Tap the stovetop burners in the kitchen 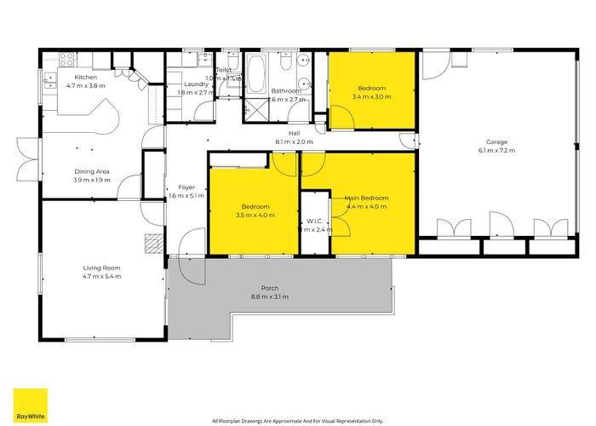tap(63, 59)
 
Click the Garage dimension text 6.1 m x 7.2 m tap(496, 151)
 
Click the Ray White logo tap(30, 405)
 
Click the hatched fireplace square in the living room tap(153, 244)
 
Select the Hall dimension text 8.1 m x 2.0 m tap(294, 141)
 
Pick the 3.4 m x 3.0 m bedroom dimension tap(371, 97)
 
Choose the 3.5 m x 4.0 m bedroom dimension tap(255, 216)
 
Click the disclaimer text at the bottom tap(298, 421)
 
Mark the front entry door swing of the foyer tap(194, 243)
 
